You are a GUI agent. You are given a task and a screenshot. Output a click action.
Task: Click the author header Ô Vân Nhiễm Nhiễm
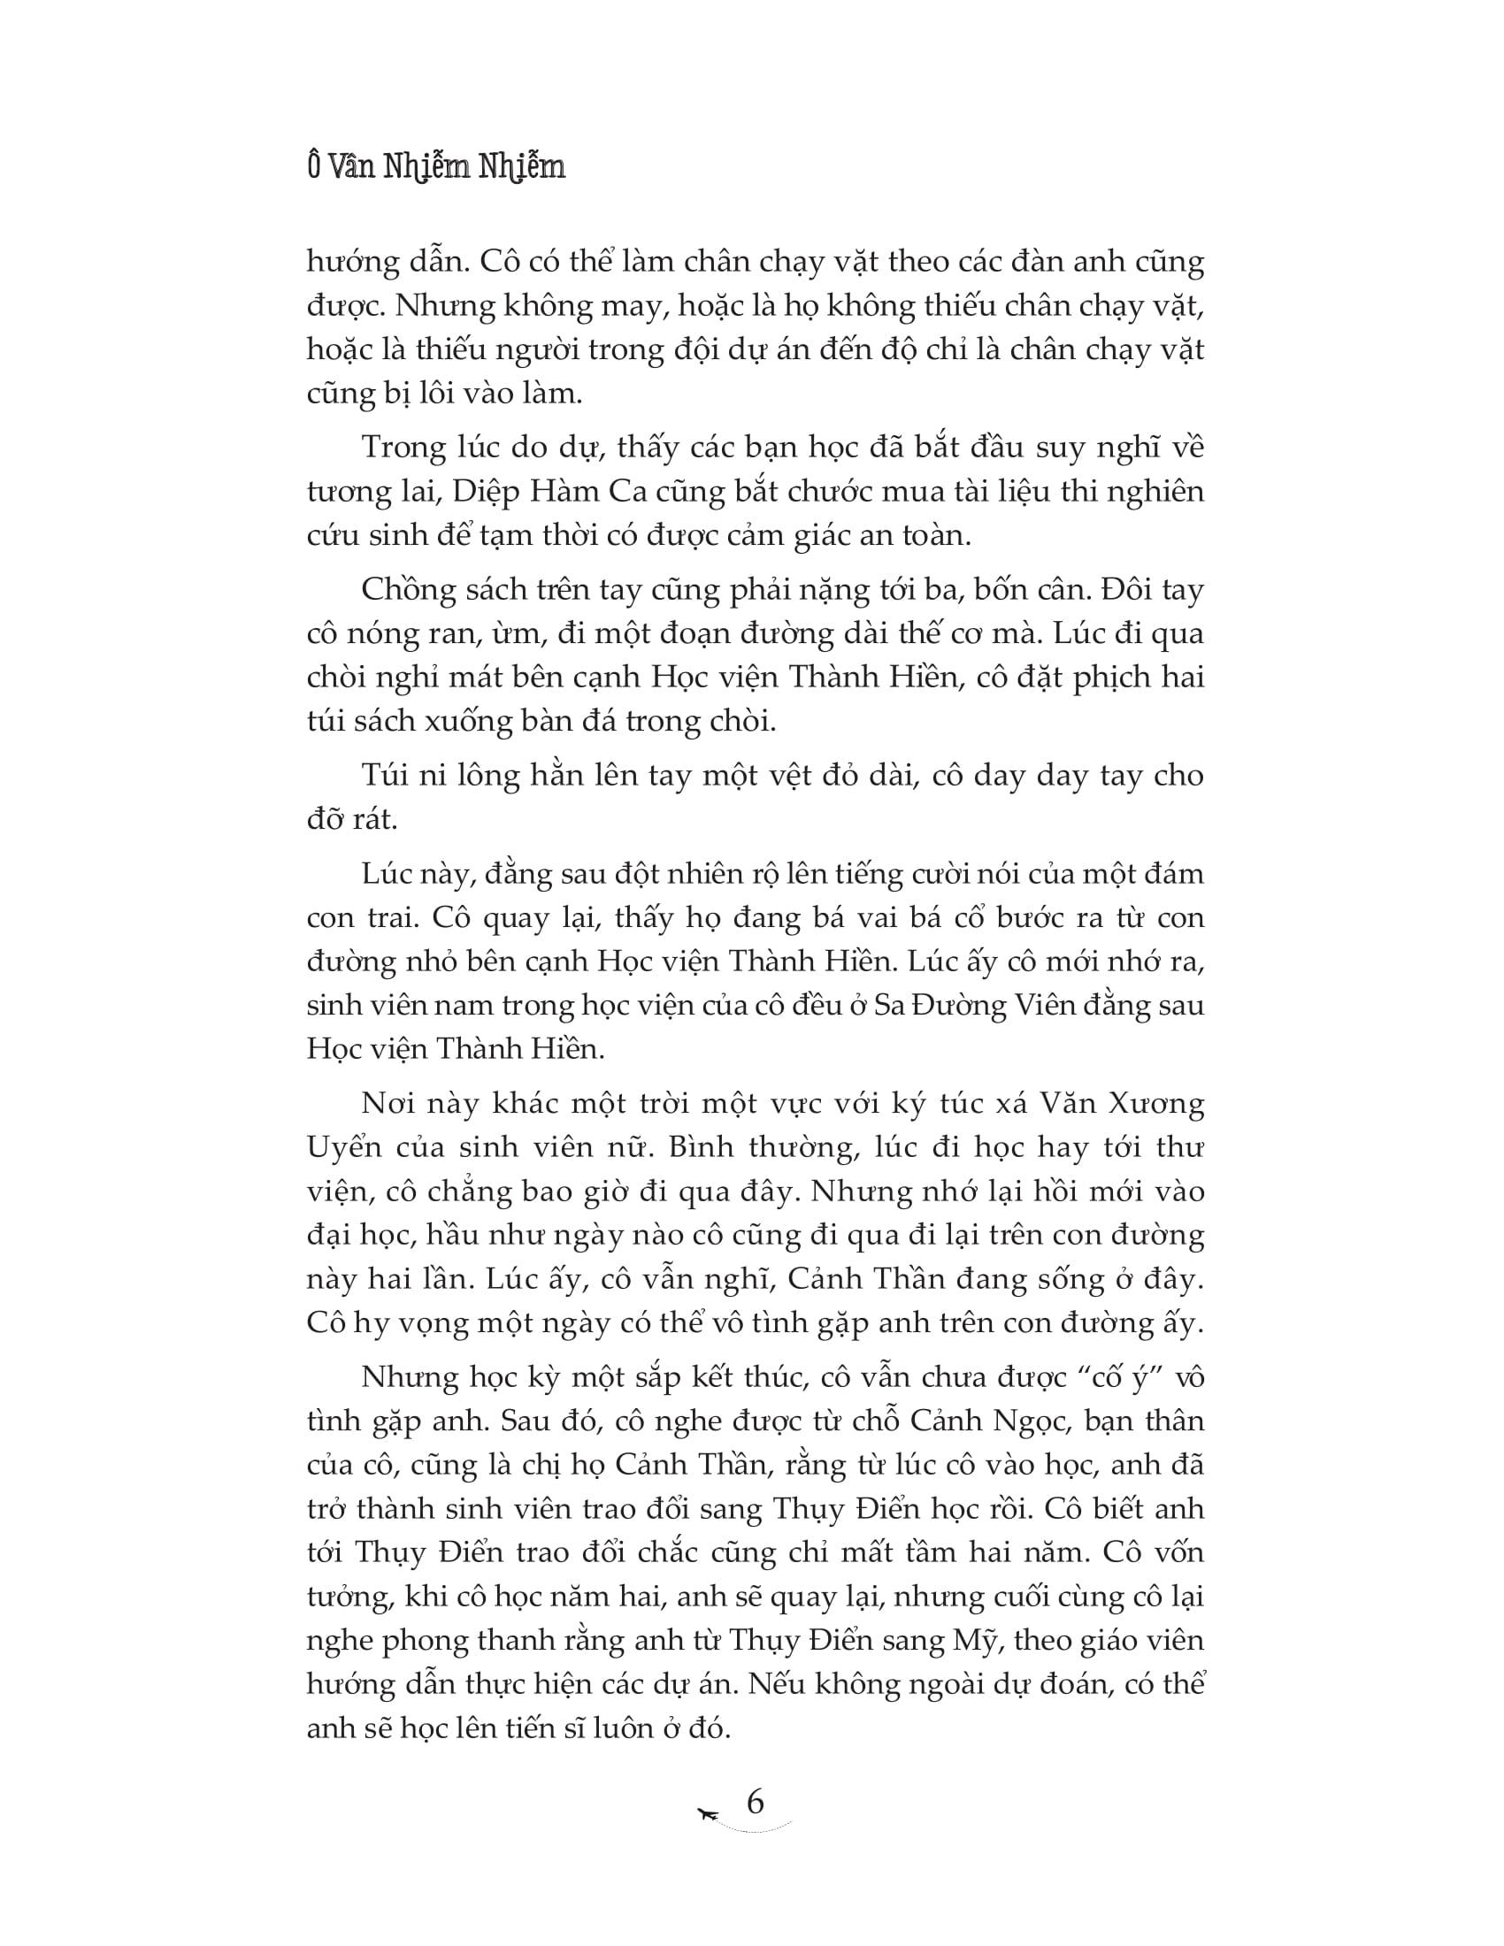coord(436,167)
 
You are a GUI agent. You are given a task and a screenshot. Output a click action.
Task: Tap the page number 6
coord(755,1802)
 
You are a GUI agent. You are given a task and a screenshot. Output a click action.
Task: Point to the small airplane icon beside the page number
coord(710,1814)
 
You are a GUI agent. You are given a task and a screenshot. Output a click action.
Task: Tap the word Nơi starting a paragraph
coord(388,1103)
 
